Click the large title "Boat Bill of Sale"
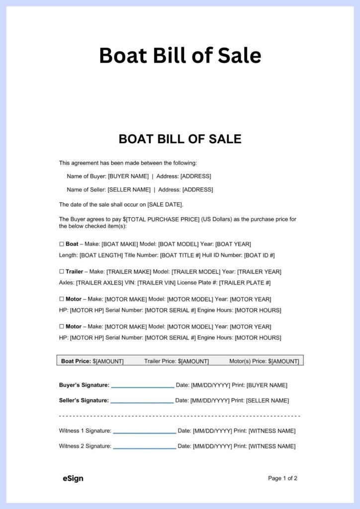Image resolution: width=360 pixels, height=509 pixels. point(180,55)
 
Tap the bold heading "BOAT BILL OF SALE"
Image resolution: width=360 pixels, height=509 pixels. point(180,139)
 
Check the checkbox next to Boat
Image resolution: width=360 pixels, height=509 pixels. point(62,244)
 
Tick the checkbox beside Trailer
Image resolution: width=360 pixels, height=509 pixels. point(62,271)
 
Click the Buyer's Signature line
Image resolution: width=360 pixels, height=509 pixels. point(143,386)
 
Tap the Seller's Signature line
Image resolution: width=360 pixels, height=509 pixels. point(142,401)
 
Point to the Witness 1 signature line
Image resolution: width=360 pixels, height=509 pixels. point(145,431)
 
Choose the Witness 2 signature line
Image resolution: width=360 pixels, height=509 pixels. point(145,447)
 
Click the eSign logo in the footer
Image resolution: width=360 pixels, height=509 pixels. point(73,478)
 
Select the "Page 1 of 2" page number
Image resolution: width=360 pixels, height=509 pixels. point(282,478)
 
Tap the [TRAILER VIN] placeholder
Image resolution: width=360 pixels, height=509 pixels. point(158,282)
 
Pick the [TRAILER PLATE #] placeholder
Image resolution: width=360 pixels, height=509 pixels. point(245,282)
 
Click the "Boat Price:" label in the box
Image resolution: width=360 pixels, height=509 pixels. point(76,361)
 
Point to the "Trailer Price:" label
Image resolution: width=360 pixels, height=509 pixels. point(160,361)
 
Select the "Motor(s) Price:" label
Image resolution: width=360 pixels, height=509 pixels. point(248,361)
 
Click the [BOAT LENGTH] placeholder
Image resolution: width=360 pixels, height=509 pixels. point(101,255)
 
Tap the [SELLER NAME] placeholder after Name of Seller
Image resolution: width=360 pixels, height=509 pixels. point(129,189)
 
